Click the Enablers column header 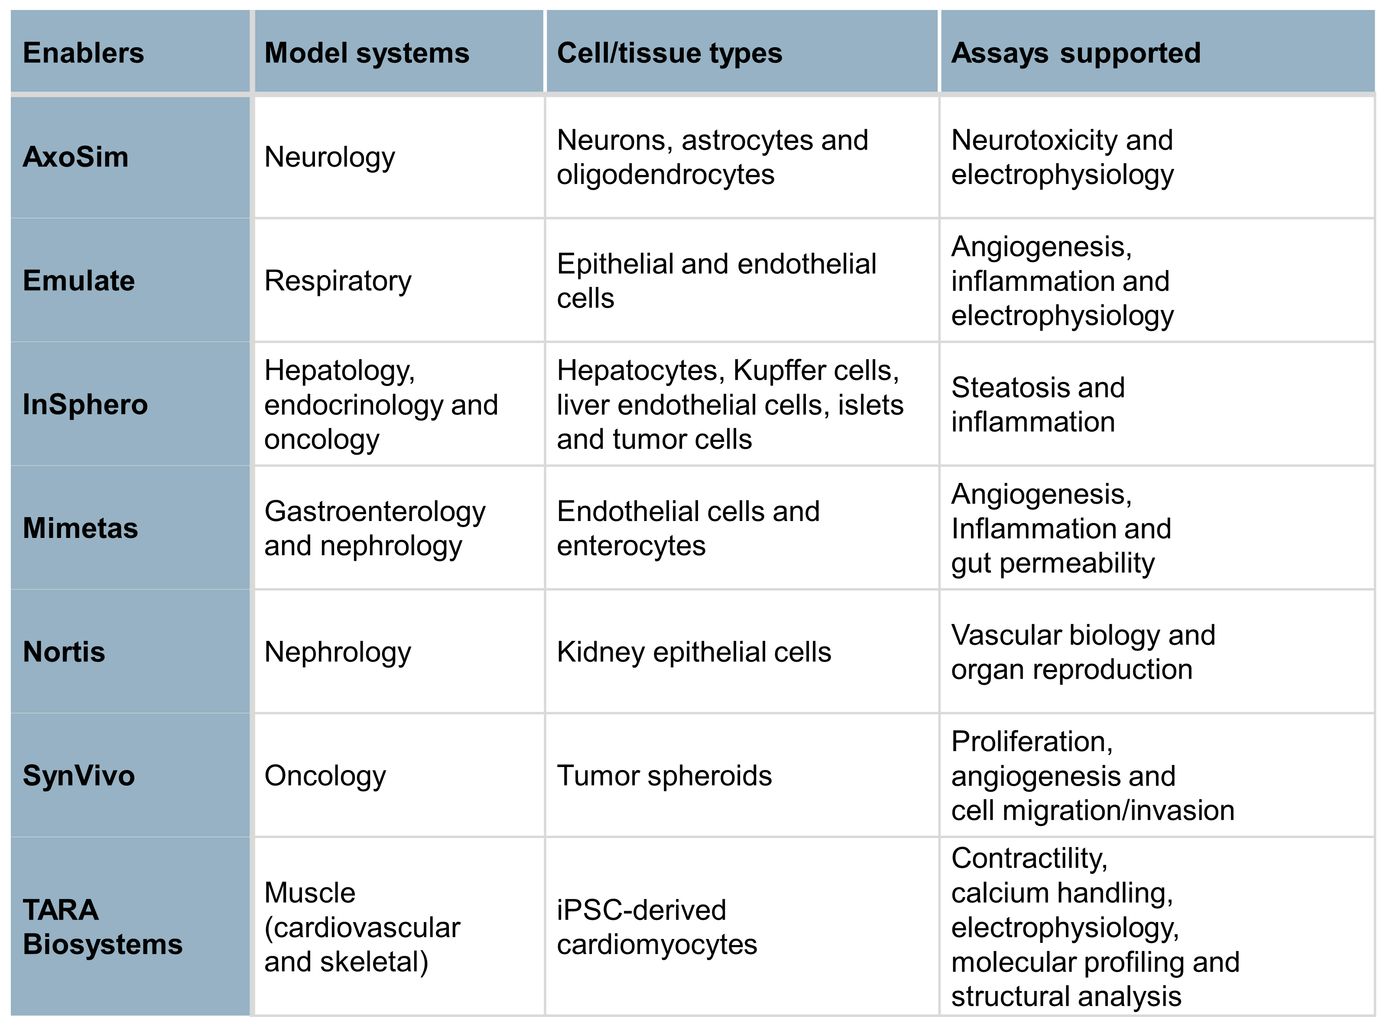[x=84, y=53]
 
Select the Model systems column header [x=367, y=53]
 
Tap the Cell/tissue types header [x=669, y=53]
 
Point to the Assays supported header [x=1076, y=53]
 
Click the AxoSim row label [x=75, y=157]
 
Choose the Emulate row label [x=79, y=281]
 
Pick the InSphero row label [x=85, y=405]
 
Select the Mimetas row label [x=81, y=528]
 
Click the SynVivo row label [x=79, y=776]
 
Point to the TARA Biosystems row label [x=103, y=927]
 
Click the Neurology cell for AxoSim [x=330, y=157]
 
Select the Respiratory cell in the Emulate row [x=338, y=281]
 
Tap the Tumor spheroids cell [x=665, y=776]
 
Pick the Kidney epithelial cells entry [x=694, y=653]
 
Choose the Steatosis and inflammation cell [x=1038, y=405]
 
